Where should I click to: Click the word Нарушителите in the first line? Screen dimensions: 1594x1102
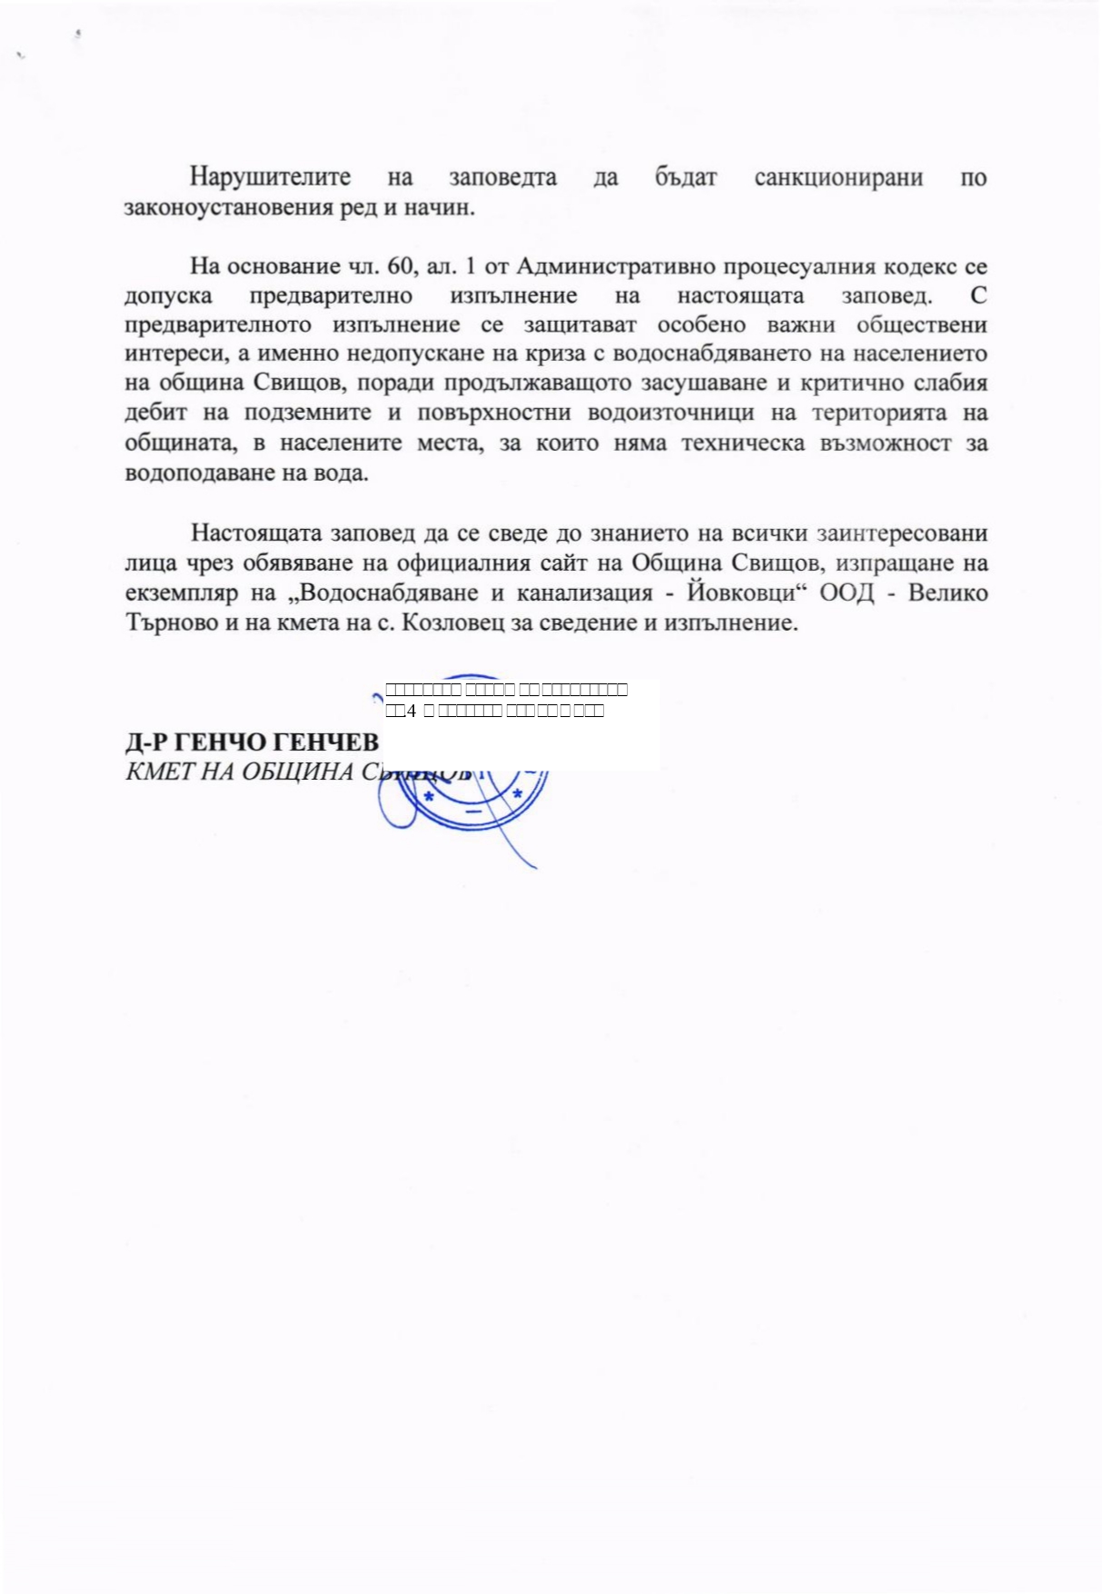(270, 177)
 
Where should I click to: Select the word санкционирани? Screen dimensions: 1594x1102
(838, 177)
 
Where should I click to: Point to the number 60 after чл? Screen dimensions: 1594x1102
(401, 266)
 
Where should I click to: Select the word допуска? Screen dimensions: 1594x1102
(169, 296)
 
